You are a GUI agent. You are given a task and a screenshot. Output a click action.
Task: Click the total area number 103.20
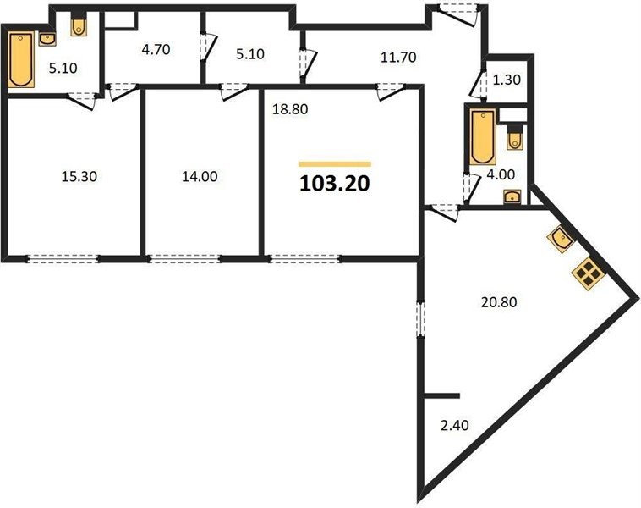(x=335, y=184)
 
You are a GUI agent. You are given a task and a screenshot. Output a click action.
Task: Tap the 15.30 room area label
(x=79, y=176)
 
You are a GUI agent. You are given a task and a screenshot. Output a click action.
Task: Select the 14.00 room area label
(x=200, y=176)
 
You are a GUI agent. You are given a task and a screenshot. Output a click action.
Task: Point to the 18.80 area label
(x=290, y=109)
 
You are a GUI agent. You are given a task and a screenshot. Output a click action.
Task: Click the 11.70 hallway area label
(x=398, y=57)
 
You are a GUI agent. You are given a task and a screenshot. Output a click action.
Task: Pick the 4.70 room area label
(x=156, y=50)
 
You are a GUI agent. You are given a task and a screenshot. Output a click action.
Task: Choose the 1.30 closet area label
(x=507, y=80)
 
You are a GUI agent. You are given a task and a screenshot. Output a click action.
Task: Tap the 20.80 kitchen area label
(x=499, y=302)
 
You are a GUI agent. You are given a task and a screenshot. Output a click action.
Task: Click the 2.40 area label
(x=455, y=425)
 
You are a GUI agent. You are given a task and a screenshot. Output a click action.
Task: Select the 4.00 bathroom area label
(x=501, y=174)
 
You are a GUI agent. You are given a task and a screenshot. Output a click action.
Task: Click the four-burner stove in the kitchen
(x=588, y=273)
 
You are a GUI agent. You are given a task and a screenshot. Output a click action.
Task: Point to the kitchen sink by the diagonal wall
(x=562, y=240)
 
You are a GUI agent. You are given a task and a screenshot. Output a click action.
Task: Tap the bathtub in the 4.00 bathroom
(x=482, y=136)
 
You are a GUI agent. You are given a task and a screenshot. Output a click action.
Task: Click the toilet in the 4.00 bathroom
(x=515, y=137)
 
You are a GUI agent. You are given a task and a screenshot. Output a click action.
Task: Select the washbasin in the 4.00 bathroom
(x=512, y=196)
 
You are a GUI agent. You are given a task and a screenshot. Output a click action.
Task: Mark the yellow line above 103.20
(x=335, y=164)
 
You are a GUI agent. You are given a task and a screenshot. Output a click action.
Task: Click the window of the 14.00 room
(x=184, y=258)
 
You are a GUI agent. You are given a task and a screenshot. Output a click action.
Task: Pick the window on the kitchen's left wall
(x=420, y=319)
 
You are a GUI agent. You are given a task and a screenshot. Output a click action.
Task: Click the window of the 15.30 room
(x=63, y=258)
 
